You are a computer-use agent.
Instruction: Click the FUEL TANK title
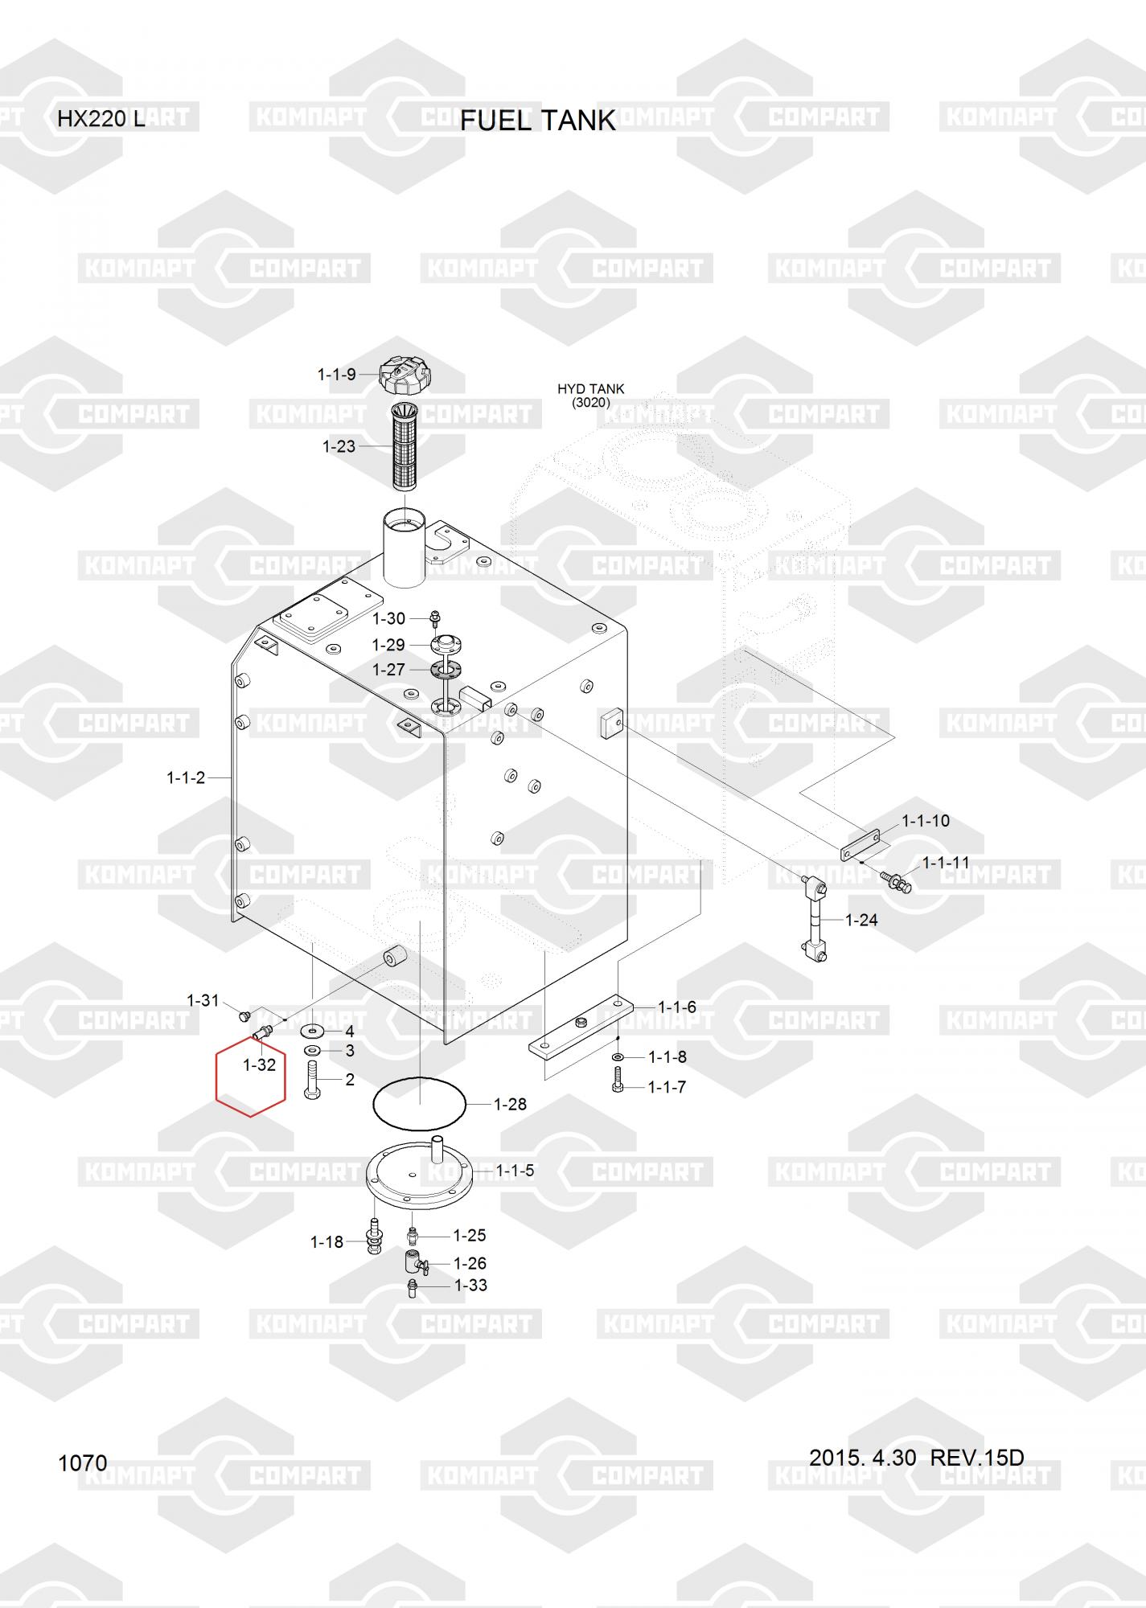(x=537, y=121)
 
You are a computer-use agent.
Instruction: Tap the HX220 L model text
(x=101, y=120)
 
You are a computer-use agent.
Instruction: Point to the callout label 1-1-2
(x=186, y=777)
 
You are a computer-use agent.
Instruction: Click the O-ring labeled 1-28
(x=420, y=1104)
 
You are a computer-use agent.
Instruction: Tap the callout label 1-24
(x=861, y=920)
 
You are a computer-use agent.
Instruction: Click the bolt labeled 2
(x=313, y=1080)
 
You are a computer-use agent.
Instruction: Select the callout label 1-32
(x=259, y=1065)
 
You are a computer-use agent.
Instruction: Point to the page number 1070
(x=83, y=1462)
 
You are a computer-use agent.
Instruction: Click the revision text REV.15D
(x=977, y=1457)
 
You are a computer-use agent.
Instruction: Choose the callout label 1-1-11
(x=946, y=862)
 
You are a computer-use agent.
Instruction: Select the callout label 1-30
(x=389, y=618)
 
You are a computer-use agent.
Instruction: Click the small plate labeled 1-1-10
(x=860, y=845)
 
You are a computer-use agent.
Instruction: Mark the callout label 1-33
(x=471, y=1285)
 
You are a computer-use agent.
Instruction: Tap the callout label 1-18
(x=327, y=1242)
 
